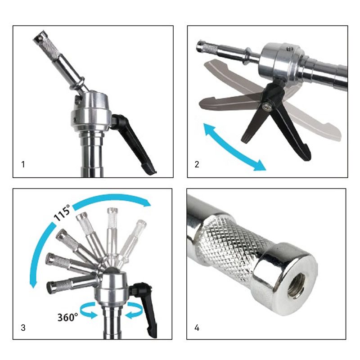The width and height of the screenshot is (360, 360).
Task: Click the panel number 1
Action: tap(23, 164)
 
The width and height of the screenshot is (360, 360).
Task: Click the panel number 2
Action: tap(197, 164)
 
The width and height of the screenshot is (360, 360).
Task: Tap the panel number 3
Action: tap(23, 328)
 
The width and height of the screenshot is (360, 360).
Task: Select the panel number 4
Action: tap(197, 328)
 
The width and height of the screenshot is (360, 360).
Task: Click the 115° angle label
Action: tap(62, 212)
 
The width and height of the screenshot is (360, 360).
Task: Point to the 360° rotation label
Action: tap(67, 317)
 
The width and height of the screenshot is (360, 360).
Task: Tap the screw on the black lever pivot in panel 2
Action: tap(267, 106)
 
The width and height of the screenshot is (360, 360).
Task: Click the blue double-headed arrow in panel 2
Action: tap(234, 147)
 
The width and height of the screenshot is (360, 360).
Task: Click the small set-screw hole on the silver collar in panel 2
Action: tap(288, 49)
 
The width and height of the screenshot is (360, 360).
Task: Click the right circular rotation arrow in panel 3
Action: tap(134, 310)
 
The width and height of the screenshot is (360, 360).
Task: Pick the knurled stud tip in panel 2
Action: tap(207, 48)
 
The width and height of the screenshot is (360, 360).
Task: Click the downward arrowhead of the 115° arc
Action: tap(33, 284)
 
